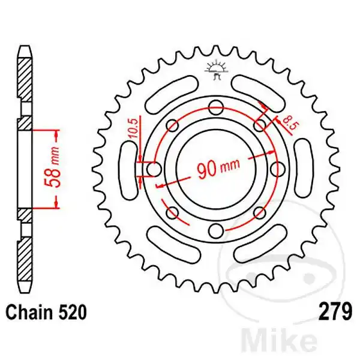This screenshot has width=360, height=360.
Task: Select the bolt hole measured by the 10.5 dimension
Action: pos(154,169)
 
